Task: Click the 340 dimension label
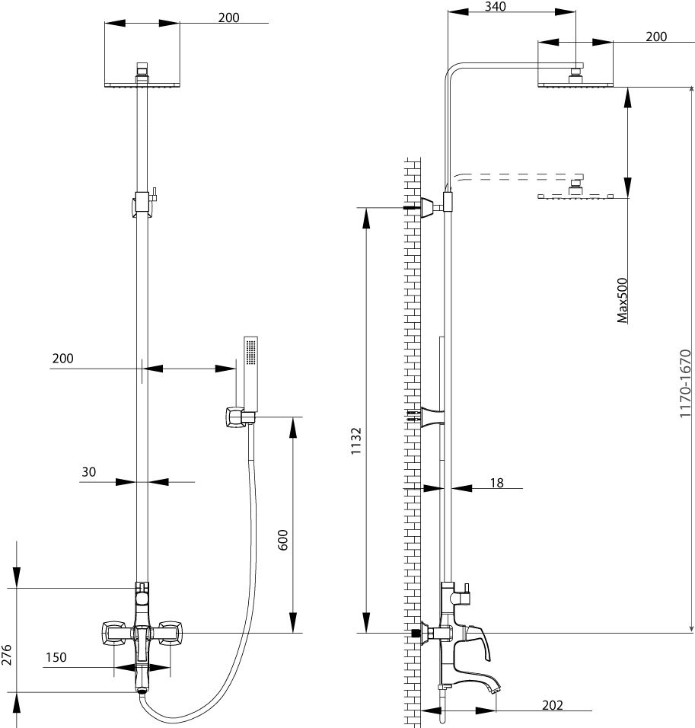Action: [495, 7]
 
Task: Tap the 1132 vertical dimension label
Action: [356, 441]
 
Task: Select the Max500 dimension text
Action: [622, 300]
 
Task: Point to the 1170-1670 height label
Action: [685, 384]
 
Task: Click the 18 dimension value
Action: [497, 483]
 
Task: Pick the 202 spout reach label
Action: [553, 705]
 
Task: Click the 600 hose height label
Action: [282, 540]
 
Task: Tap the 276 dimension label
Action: [7, 655]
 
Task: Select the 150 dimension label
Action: [56, 657]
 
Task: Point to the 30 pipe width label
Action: [88, 471]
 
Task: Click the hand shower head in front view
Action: [250, 373]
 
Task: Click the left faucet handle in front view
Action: [114, 633]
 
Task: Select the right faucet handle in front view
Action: [170, 633]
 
